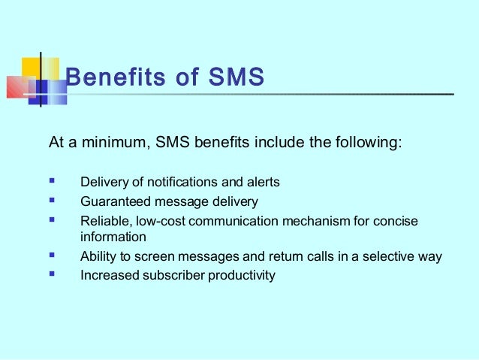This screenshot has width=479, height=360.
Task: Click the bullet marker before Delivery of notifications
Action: click(x=53, y=182)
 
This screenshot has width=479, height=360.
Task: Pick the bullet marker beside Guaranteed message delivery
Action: click(x=53, y=201)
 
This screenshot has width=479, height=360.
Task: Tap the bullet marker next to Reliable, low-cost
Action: click(x=53, y=221)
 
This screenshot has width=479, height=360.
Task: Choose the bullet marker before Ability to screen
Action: click(x=53, y=256)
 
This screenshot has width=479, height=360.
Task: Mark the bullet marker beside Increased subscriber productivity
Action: click(x=53, y=275)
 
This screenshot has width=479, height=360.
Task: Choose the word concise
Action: click(x=395, y=221)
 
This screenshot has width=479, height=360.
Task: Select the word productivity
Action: click(x=242, y=276)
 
